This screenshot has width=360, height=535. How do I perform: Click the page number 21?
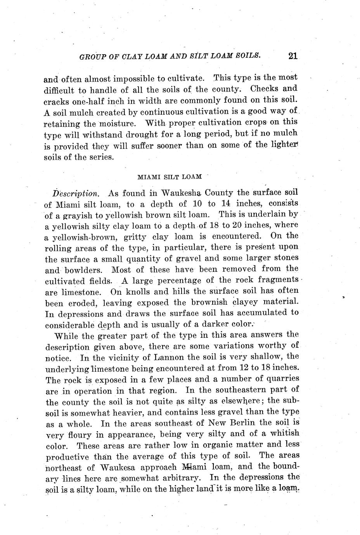pyautogui.click(x=293, y=56)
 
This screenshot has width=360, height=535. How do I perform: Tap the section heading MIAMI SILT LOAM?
pyautogui.click(x=170, y=177)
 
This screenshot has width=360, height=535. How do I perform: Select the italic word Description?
pyautogui.click(x=76, y=193)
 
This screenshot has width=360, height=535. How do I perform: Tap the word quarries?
pyautogui.click(x=280, y=378)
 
